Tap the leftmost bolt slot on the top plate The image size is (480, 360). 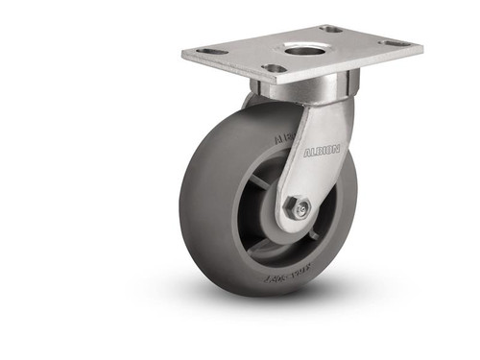click(x=213, y=51)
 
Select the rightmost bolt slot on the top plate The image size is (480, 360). click(x=394, y=43)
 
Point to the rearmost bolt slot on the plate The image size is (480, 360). click(x=331, y=29)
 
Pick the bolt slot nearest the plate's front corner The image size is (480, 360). click(x=275, y=68)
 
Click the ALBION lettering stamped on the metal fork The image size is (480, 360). click(x=322, y=152)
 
